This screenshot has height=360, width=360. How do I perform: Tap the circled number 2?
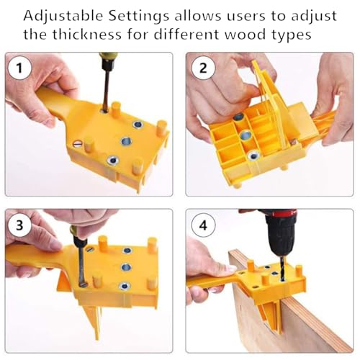[x=204, y=70]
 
